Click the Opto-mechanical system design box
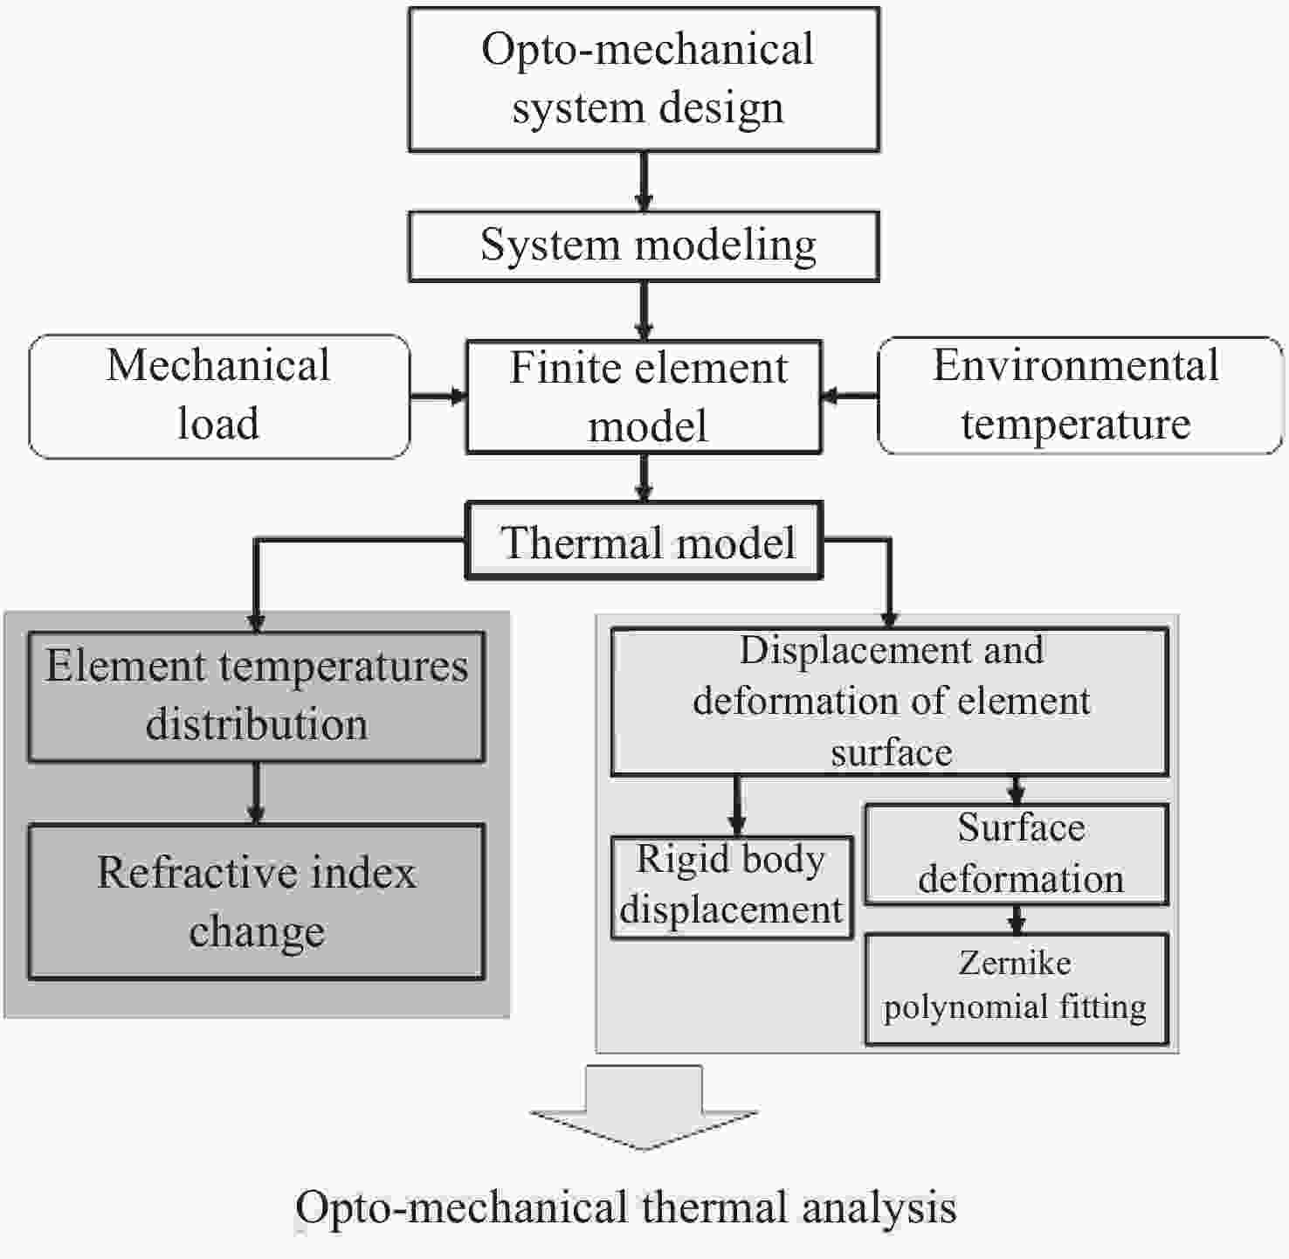pyautogui.click(x=644, y=79)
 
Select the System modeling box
pyautogui.click(x=644, y=246)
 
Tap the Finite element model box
pyautogui.click(x=644, y=397)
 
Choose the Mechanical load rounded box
pyautogui.click(x=219, y=396)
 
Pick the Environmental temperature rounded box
pyautogui.click(x=1079, y=396)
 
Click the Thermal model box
pyautogui.click(x=644, y=541)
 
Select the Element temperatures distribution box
pyautogui.click(x=256, y=696)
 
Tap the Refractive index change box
pyautogui.click(x=256, y=901)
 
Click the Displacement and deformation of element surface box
pyautogui.click(x=889, y=701)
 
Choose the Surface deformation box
pyautogui.click(x=1017, y=854)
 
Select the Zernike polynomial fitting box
pyautogui.click(x=1017, y=988)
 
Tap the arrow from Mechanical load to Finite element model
pyautogui.click(x=438, y=397)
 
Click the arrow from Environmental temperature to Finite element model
pyautogui.click(x=849, y=397)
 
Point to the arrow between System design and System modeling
pyautogui.click(x=644, y=181)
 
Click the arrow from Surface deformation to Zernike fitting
pyautogui.click(x=1016, y=919)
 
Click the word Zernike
pyautogui.click(x=1015, y=963)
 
